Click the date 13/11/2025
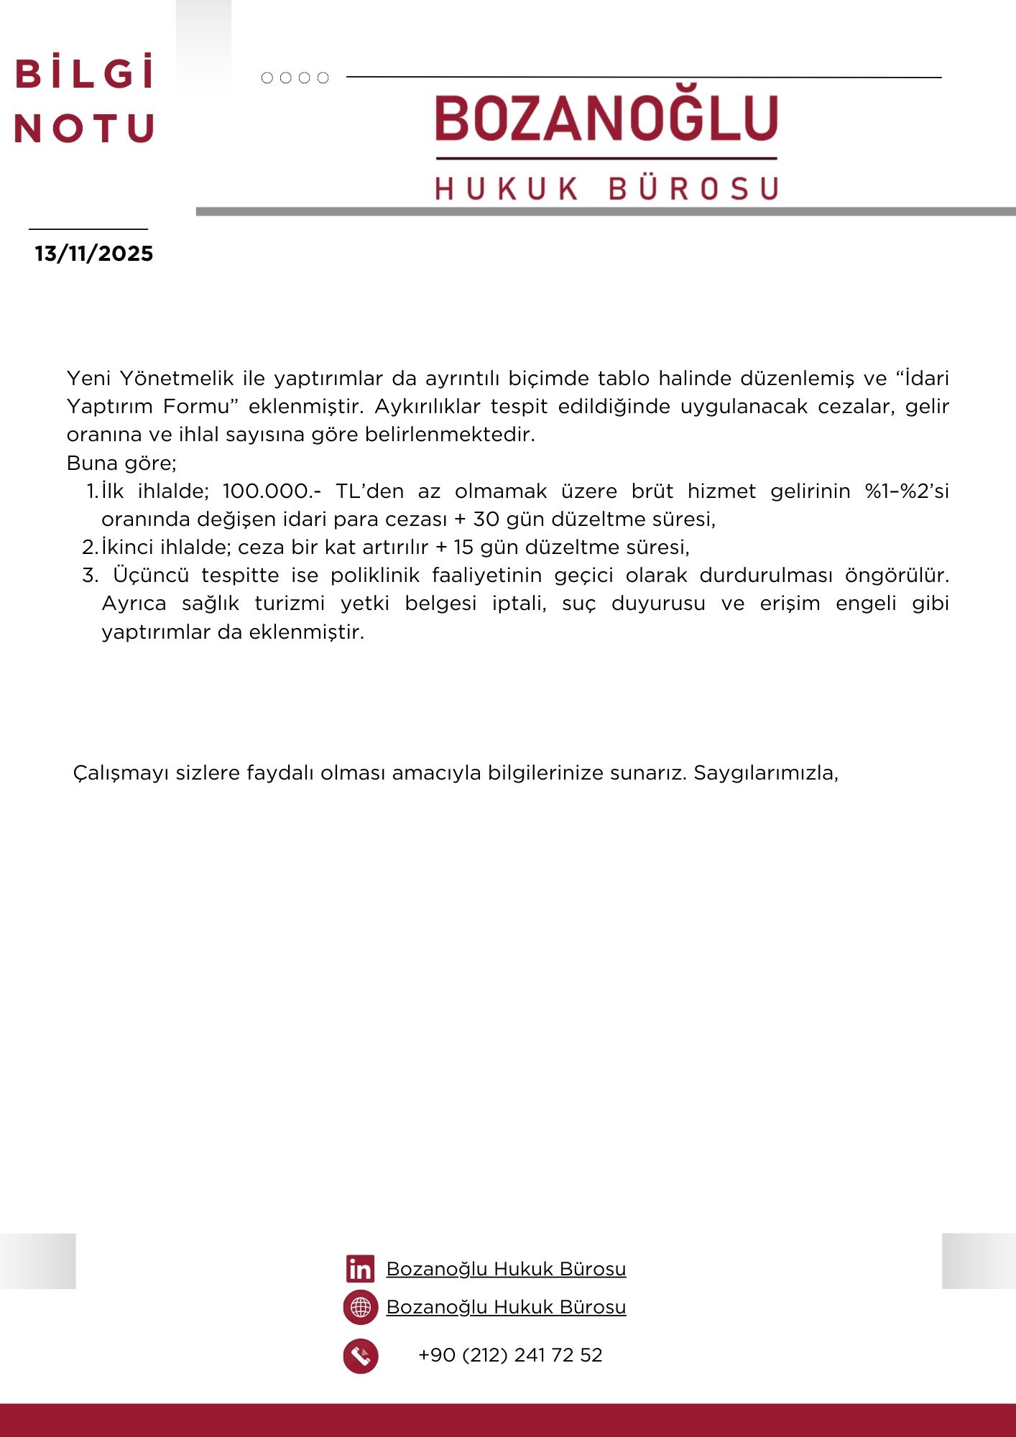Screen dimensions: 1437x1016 click(x=94, y=254)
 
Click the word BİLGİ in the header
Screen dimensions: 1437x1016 click(x=85, y=73)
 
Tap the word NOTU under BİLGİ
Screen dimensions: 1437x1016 click(x=85, y=129)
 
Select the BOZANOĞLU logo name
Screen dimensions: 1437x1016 click(x=606, y=119)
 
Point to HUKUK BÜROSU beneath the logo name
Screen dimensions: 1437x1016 click(x=606, y=188)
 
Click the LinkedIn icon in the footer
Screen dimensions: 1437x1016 click(x=360, y=1269)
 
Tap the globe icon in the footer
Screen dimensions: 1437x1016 click(x=361, y=1307)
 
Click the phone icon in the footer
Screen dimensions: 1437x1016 click(x=361, y=1356)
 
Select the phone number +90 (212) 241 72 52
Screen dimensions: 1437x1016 click(x=510, y=1355)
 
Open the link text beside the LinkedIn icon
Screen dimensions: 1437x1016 click(x=506, y=1269)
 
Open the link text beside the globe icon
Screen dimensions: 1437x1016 click(x=506, y=1307)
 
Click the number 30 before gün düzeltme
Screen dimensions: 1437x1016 click(x=486, y=519)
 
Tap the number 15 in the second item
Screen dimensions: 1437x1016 click(x=463, y=547)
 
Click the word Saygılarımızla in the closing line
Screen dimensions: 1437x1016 click(x=766, y=773)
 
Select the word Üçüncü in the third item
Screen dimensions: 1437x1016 click(x=151, y=576)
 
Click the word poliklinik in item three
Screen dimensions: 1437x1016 click(x=375, y=576)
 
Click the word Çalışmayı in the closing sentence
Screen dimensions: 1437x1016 click(x=121, y=773)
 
